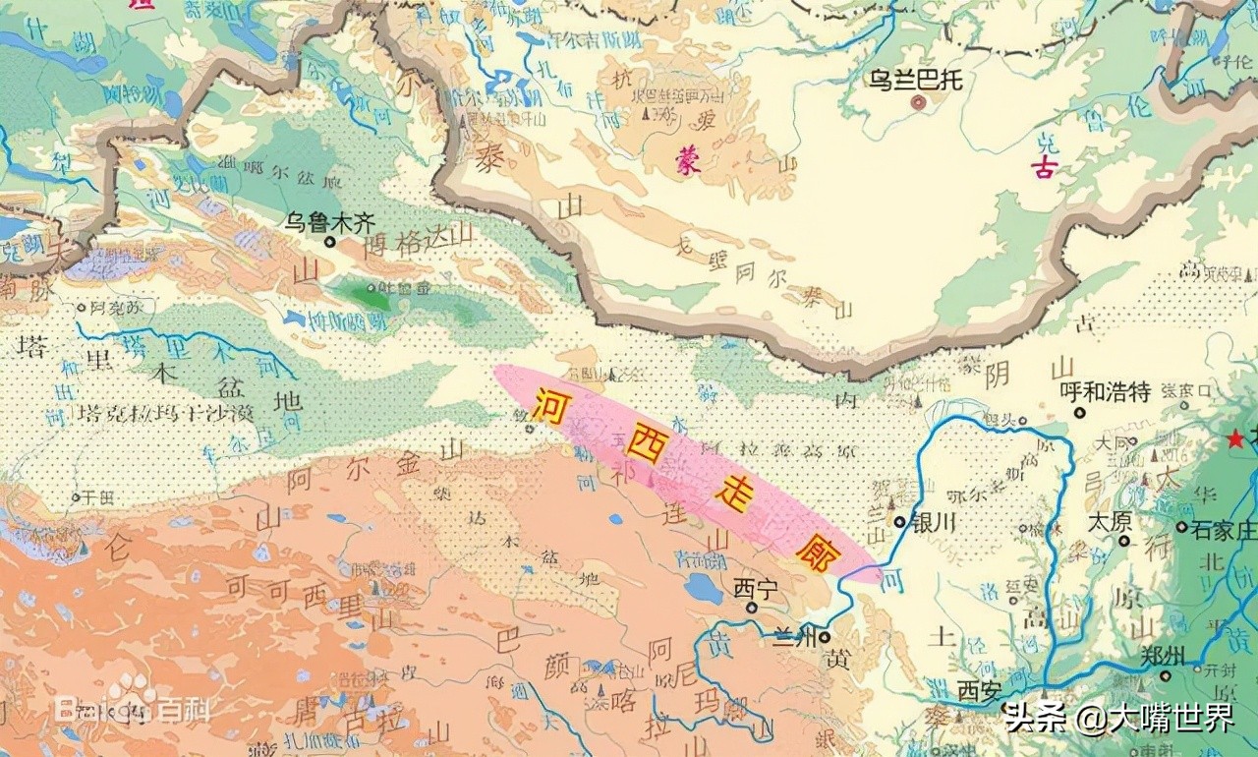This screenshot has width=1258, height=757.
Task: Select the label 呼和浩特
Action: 1105,391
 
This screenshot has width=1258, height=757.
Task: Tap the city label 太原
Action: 1110,521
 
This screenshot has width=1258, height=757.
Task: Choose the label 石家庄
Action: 1224,530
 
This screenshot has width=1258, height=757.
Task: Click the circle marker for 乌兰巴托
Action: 918,101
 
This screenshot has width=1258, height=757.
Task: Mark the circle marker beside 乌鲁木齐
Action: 330,241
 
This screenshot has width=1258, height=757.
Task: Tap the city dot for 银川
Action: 900,522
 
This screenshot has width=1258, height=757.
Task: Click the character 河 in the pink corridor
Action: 549,405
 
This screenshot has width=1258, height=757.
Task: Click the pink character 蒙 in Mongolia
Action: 688,162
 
